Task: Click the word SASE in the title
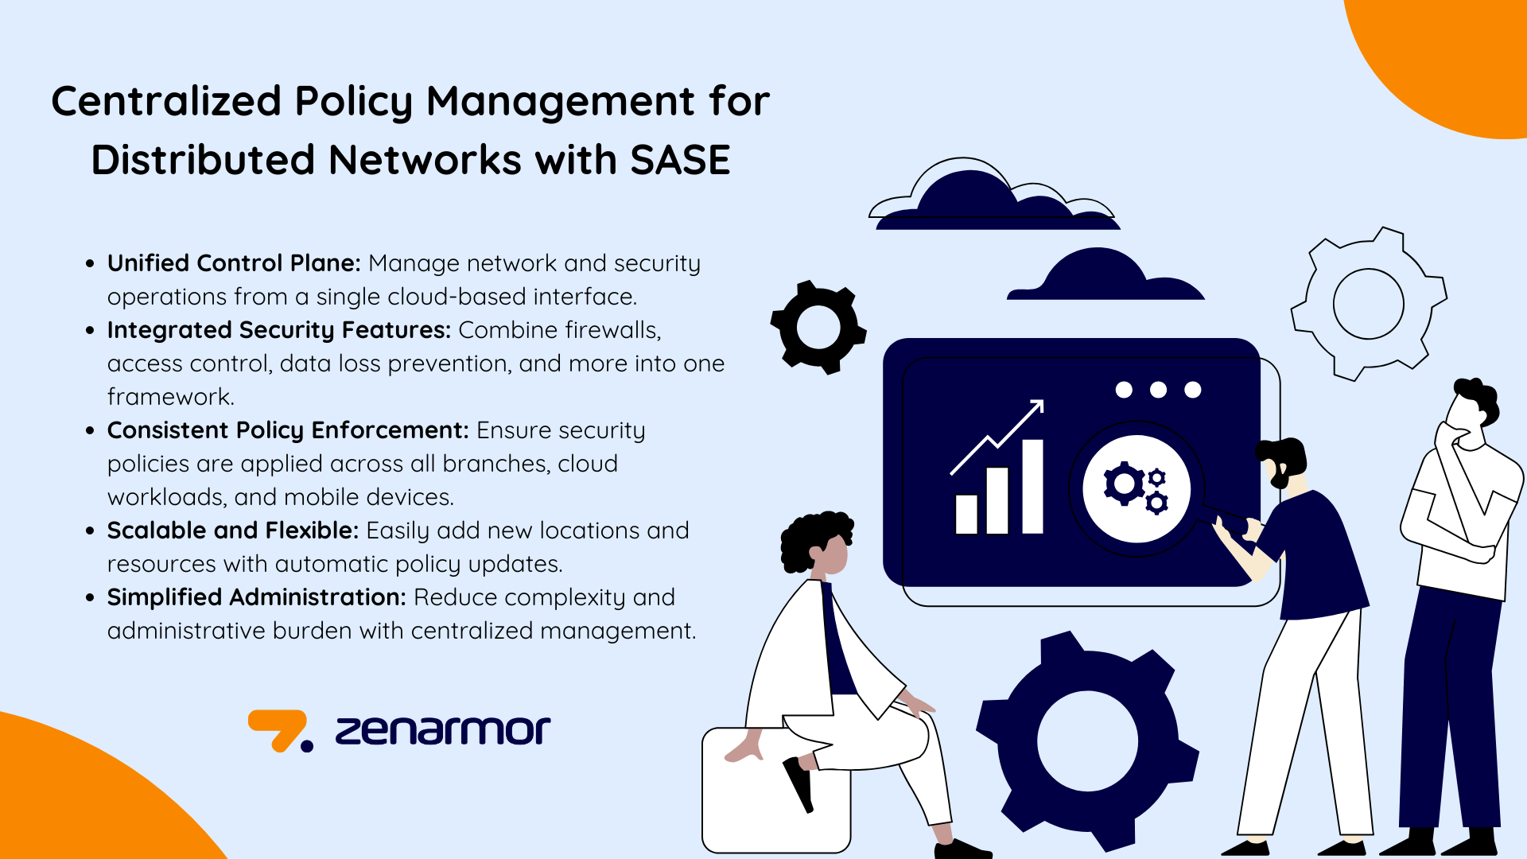click(x=680, y=160)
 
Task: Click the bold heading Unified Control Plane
click(x=234, y=263)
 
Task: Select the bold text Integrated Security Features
click(x=278, y=330)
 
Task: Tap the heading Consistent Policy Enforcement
click(x=287, y=430)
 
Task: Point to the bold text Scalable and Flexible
click(x=233, y=531)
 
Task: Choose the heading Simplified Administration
click(x=257, y=597)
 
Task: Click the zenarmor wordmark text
click(x=442, y=730)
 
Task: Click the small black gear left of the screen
click(x=818, y=327)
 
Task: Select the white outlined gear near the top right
click(x=1368, y=303)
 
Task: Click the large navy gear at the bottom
click(x=1087, y=740)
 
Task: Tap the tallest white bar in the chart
click(x=1032, y=486)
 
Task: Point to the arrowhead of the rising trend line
click(x=1037, y=406)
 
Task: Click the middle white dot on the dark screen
click(x=1158, y=390)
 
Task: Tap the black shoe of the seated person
click(x=798, y=783)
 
